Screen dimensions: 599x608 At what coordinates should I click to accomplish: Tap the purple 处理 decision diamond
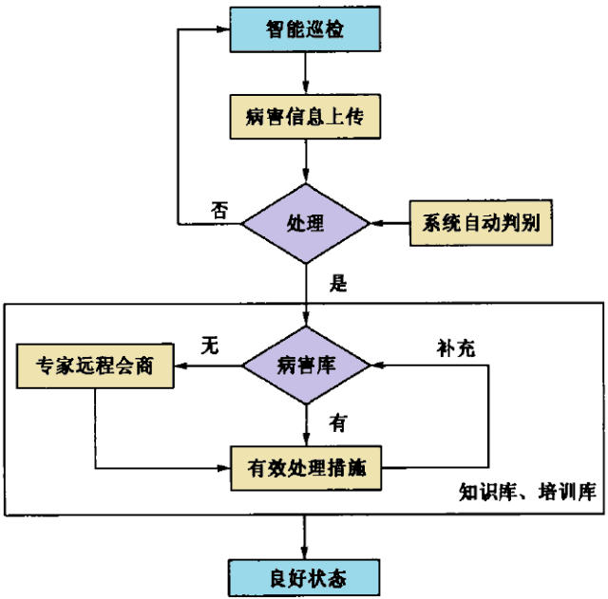pyautogui.click(x=305, y=224)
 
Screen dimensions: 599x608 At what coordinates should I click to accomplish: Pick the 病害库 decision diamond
pyautogui.click(x=305, y=365)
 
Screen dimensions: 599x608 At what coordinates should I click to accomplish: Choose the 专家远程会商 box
pyautogui.click(x=96, y=365)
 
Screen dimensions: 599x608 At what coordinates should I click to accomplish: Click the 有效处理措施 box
pyautogui.click(x=305, y=468)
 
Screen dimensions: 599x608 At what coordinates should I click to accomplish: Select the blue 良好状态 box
pyautogui.click(x=304, y=575)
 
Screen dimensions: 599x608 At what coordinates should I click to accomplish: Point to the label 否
pyautogui.click(x=219, y=211)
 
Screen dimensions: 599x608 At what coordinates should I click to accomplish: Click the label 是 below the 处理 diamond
pyautogui.click(x=335, y=282)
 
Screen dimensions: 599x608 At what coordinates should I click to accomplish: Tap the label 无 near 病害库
pyautogui.click(x=209, y=346)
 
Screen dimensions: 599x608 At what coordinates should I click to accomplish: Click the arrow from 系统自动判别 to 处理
pyautogui.click(x=389, y=224)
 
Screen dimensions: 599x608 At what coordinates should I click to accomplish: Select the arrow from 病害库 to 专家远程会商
pyautogui.click(x=209, y=365)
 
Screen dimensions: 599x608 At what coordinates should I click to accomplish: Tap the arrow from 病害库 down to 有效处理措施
pyautogui.click(x=305, y=423)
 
